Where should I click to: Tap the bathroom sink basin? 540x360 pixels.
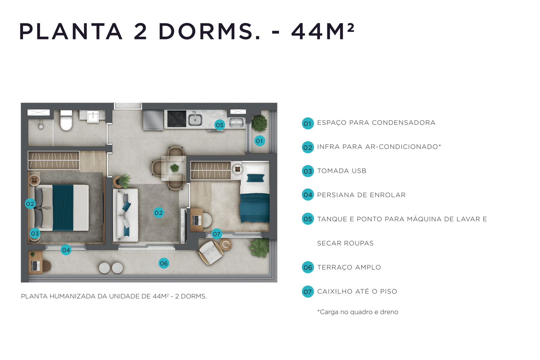pyautogui.click(x=93, y=117)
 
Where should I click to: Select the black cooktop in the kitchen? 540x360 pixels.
pyautogui.click(x=176, y=118)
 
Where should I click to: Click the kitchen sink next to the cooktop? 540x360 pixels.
pyautogui.click(x=195, y=119)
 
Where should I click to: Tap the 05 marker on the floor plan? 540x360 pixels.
pyautogui.click(x=220, y=125)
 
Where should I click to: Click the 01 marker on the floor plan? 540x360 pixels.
pyautogui.click(x=259, y=141)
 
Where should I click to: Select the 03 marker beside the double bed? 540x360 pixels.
pyautogui.click(x=35, y=233)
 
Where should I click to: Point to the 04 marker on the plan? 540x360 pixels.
pyautogui.click(x=66, y=250)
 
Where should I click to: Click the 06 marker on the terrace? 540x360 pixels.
pyautogui.click(x=164, y=263)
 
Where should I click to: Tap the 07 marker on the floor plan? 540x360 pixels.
pyautogui.click(x=217, y=234)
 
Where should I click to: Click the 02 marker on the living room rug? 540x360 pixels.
pyautogui.click(x=159, y=213)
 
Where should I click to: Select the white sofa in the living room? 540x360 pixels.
pyautogui.click(x=126, y=215)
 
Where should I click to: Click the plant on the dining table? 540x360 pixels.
pyautogui.click(x=174, y=168)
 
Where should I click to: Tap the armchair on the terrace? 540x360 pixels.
pyautogui.click(x=210, y=253)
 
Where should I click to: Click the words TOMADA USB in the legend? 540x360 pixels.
pyautogui.click(x=342, y=171)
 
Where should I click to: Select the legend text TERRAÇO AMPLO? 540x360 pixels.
pyautogui.click(x=349, y=267)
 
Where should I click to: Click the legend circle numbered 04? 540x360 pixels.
pyautogui.click(x=308, y=195)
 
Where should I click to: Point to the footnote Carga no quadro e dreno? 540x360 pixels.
pyautogui.click(x=358, y=312)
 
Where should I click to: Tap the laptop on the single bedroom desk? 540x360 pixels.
pyautogui.click(x=197, y=220)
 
